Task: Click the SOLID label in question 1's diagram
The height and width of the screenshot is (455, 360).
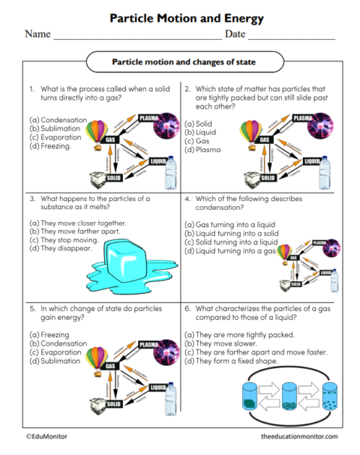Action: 113,178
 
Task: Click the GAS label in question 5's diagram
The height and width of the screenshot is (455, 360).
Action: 110,366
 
